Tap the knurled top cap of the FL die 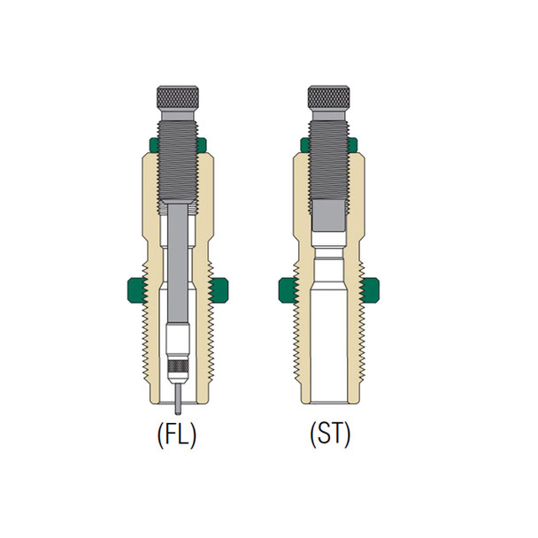click(x=181, y=97)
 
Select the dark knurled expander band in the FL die click(x=180, y=366)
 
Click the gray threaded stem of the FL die click(x=181, y=150)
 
